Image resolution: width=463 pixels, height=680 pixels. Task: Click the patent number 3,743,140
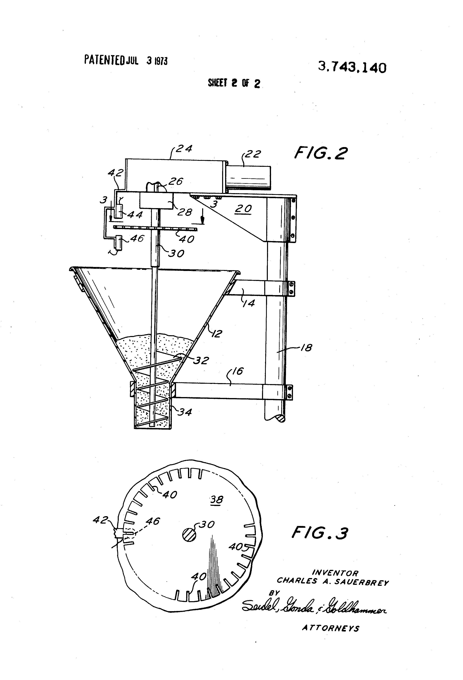pos(352,68)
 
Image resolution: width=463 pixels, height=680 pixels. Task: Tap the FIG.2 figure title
pos(321,153)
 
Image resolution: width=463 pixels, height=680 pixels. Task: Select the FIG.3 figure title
pos(320,533)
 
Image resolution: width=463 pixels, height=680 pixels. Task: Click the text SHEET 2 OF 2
pos(234,83)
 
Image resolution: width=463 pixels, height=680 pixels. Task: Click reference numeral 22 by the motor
pos(253,154)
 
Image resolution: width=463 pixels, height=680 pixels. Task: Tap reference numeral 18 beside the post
pos(306,348)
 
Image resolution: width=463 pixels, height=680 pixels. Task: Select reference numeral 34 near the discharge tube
pos(185,412)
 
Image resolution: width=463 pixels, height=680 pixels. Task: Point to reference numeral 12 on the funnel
pos(217,333)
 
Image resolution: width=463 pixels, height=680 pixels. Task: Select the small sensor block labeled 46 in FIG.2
pos(119,243)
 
